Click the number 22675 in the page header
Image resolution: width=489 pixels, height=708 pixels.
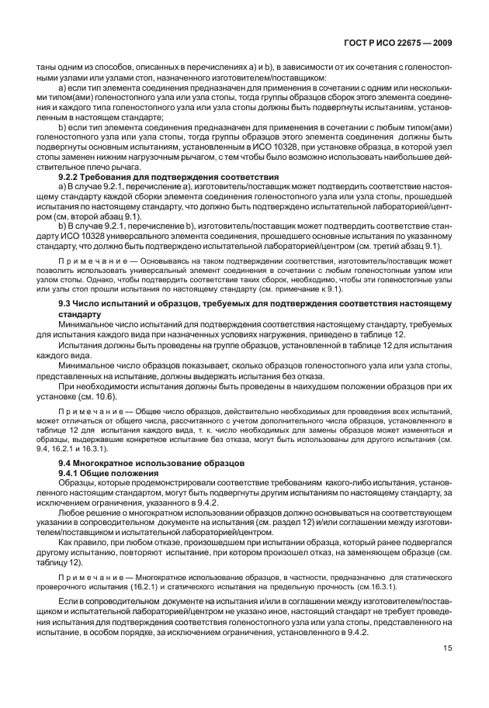pyautogui.click(x=410, y=44)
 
